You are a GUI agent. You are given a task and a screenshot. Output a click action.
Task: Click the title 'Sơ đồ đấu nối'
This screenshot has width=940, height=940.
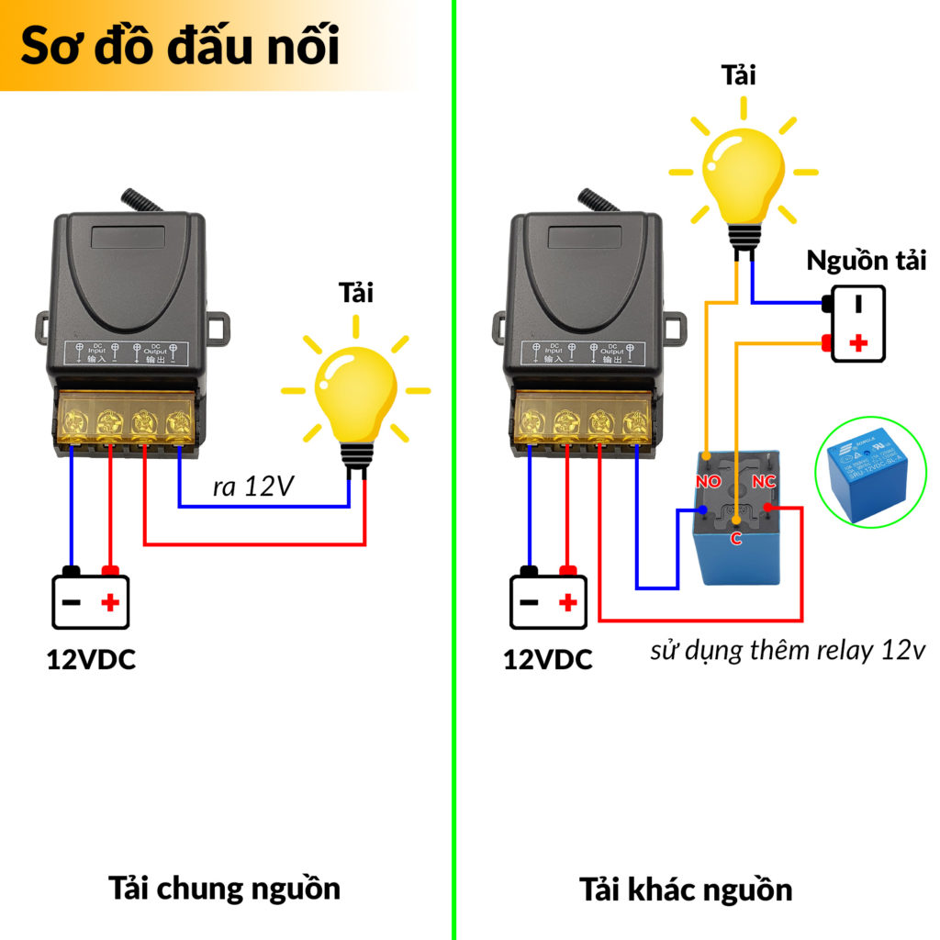tap(180, 46)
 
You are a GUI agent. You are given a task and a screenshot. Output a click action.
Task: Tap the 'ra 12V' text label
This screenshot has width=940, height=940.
tap(252, 487)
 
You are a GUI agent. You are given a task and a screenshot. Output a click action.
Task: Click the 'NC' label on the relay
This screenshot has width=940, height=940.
tap(763, 481)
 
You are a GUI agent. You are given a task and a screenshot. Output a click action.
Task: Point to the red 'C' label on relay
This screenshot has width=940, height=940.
tap(735, 539)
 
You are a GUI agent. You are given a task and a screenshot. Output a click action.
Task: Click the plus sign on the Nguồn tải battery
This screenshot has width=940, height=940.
tap(859, 343)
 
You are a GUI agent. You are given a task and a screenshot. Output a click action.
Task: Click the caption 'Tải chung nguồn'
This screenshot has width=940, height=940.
tap(225, 888)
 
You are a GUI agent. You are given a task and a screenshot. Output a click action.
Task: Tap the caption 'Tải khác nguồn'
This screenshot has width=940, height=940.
tap(686, 889)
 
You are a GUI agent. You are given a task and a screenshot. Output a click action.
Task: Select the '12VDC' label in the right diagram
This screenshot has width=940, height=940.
tap(547, 658)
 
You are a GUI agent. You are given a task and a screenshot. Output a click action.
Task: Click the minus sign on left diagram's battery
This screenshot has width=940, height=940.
tap(73, 603)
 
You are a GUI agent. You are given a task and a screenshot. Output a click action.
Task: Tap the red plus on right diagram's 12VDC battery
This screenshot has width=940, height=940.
tap(567, 603)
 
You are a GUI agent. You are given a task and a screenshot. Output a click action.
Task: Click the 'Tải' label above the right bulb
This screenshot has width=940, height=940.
tap(739, 74)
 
